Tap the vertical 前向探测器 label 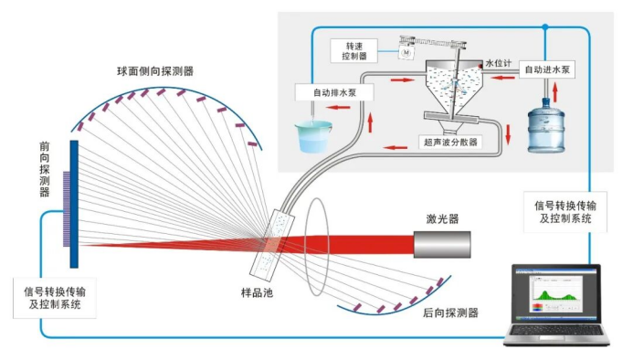click(45, 170)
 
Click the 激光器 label click(442, 218)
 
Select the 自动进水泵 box click(546, 69)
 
